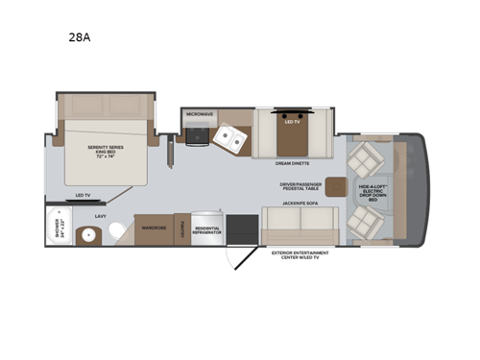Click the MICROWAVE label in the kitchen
(x=199, y=113)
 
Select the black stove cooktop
(x=197, y=137)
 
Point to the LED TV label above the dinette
(x=289, y=121)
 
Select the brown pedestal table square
(x=337, y=185)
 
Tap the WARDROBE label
(x=154, y=228)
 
